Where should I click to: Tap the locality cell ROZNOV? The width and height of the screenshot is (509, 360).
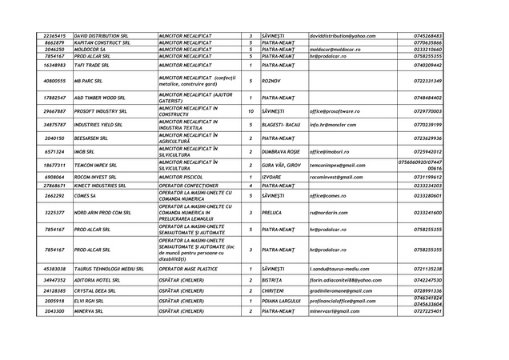(x=271, y=81)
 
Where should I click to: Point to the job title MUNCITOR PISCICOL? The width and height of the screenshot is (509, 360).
(x=185, y=176)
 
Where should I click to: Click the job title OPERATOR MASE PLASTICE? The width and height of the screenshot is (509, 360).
(x=192, y=269)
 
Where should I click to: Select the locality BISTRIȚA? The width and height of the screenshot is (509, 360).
(x=274, y=281)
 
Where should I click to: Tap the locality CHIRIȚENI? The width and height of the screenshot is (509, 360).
(x=275, y=290)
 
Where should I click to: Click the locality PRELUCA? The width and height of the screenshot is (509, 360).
(x=273, y=213)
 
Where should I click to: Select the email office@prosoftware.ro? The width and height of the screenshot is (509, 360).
(x=337, y=111)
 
